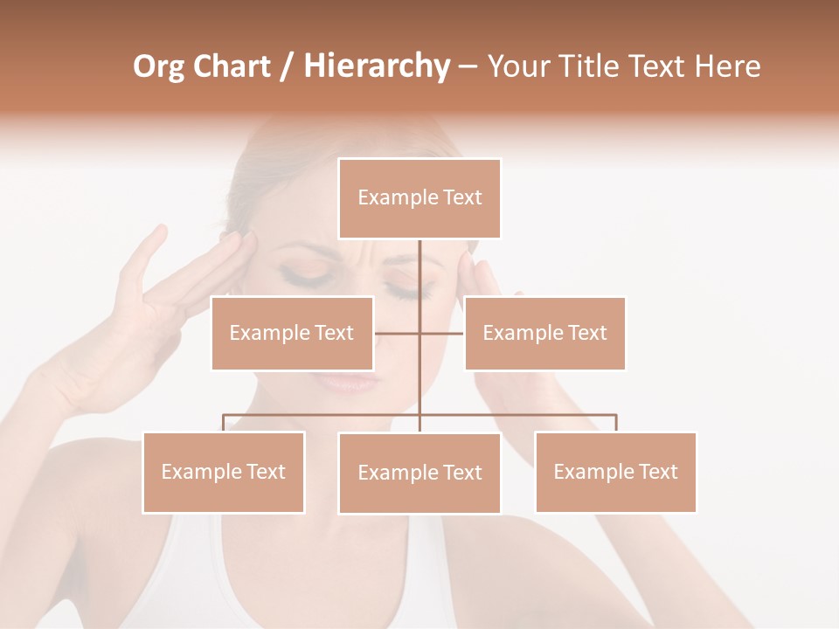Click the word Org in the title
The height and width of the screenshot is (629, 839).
pos(159,66)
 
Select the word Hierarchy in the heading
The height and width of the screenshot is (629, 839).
pos(376,66)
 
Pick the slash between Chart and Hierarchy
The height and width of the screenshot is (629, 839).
pos(287,67)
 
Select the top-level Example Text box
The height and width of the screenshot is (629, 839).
pos(419,198)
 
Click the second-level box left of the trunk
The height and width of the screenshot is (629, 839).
pos(292,333)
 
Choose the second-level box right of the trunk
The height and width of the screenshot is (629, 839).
pos(544,333)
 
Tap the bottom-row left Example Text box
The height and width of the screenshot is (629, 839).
pos(224,473)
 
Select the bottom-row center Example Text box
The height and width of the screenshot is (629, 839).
pos(419,473)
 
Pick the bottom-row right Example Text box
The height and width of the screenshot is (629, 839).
pos(615,473)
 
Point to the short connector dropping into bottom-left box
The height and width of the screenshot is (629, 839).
pos(224,424)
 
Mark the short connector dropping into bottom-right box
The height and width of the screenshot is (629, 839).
pos(616,424)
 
